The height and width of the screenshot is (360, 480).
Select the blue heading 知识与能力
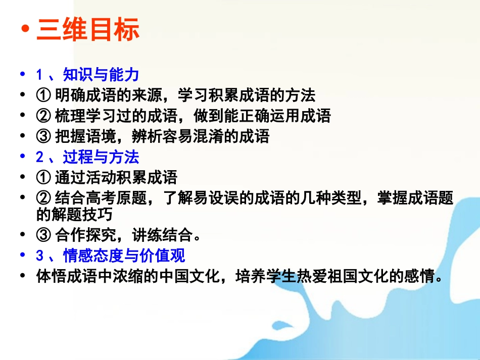[101, 75]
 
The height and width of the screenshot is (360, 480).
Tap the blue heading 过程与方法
[101, 157]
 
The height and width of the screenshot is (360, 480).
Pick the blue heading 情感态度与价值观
[124, 255]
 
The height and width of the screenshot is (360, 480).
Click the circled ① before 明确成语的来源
[43, 94]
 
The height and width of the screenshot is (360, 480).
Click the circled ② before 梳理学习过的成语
[43, 116]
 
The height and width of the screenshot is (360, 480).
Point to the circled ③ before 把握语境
[43, 136]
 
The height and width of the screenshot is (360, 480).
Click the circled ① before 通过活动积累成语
[43, 177]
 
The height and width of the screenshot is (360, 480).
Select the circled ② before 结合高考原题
[43, 198]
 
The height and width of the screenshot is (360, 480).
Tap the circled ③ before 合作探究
[43, 235]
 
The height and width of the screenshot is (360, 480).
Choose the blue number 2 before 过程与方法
[39, 157]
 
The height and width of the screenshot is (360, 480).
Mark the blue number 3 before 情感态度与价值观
[39, 255]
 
